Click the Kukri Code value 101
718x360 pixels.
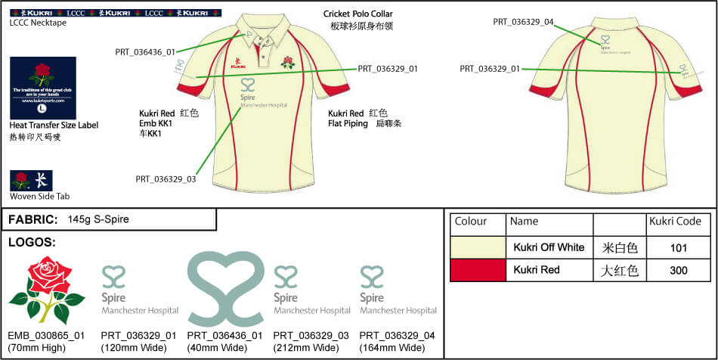point(678,247)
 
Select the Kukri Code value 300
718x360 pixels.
point(678,271)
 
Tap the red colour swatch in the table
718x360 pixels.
point(477,270)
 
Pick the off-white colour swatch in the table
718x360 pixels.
point(477,247)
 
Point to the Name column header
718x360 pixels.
point(524,222)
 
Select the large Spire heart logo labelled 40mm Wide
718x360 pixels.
point(225,288)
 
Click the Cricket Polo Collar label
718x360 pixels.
point(358,14)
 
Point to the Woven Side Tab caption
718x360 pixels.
point(40,197)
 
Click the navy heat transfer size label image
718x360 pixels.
point(42,87)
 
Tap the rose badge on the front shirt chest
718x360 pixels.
point(287,62)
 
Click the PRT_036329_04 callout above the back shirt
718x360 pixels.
point(524,22)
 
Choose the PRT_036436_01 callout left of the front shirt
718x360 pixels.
point(145,52)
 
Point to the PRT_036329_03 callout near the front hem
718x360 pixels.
point(166,179)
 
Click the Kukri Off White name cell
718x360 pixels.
point(549,247)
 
